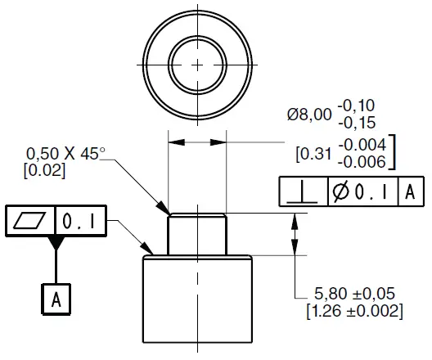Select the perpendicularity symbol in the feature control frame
coord(301,192)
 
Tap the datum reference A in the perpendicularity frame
coord(411,192)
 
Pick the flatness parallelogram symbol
coord(29,220)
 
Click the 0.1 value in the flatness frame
coord(80,220)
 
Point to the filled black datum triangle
coord(56,242)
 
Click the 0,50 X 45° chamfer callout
coord(66,154)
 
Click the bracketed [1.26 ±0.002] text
coord(355,311)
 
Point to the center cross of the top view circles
coord(197,64)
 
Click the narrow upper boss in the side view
coord(197,234)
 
